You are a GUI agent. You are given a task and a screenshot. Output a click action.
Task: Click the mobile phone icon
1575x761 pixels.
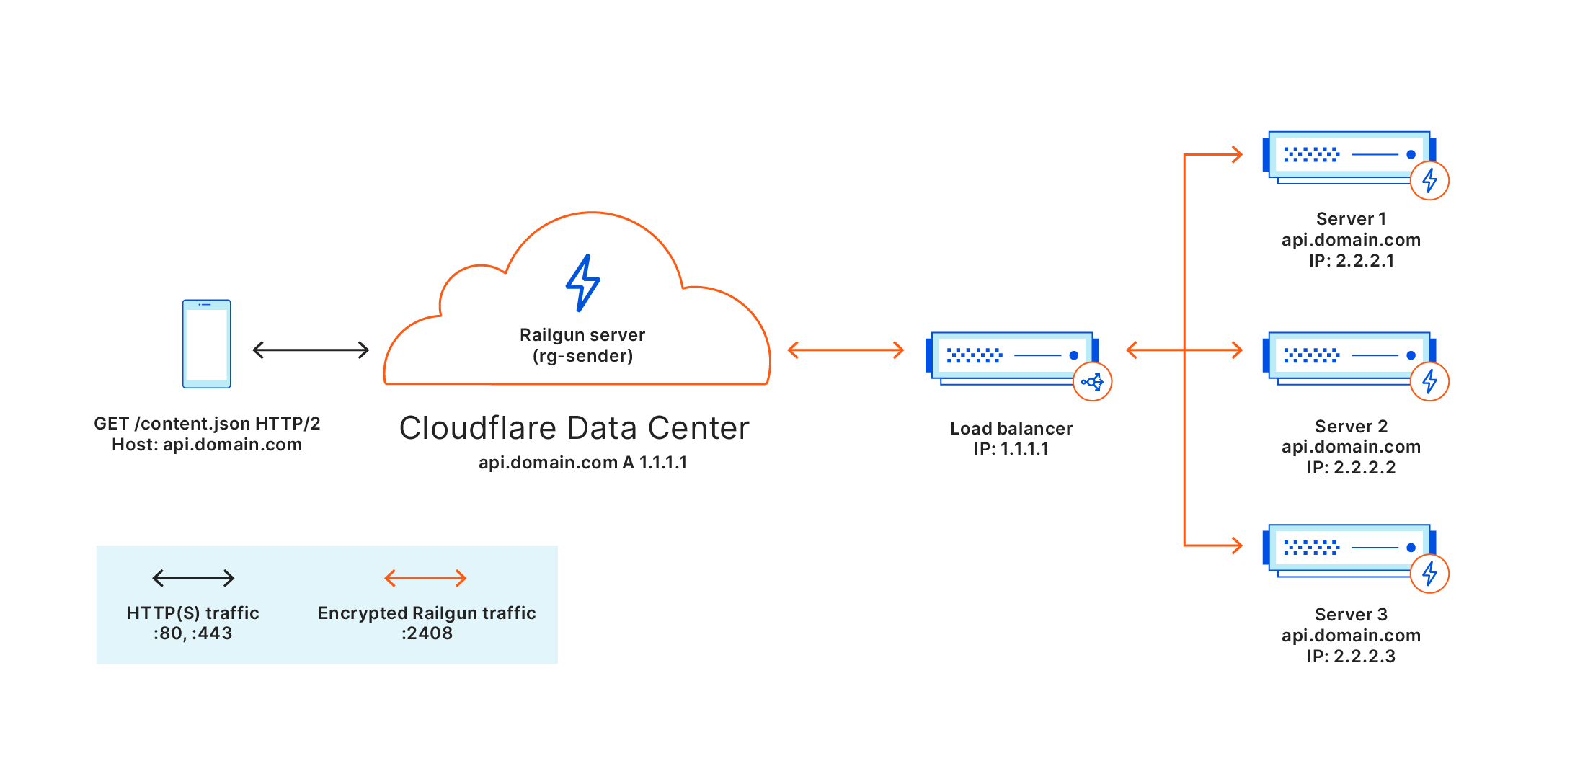click(206, 344)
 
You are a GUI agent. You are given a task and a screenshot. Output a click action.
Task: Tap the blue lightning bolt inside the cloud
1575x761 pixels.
click(583, 282)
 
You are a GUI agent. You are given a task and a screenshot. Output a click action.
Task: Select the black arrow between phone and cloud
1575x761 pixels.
click(311, 350)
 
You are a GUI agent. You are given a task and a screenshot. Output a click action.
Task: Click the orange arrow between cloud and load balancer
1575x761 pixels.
click(846, 350)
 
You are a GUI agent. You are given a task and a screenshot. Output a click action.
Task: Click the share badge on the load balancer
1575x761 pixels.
click(1092, 382)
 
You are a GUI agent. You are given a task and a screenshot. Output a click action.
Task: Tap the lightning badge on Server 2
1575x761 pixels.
click(1429, 381)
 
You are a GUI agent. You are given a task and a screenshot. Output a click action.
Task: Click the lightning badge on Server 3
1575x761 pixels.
click(1429, 574)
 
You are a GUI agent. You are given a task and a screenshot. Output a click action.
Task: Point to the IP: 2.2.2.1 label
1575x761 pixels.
click(1351, 260)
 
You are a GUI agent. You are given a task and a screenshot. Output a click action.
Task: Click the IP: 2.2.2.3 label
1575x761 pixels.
click(1351, 656)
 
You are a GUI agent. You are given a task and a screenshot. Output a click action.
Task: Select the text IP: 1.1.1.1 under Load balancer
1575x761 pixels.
click(1011, 448)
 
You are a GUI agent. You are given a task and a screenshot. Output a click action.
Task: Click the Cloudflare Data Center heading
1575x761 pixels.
click(574, 428)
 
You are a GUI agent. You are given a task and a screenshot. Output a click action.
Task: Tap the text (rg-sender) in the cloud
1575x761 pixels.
click(582, 356)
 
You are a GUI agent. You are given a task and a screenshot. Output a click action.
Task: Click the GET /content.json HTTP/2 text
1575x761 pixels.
click(207, 423)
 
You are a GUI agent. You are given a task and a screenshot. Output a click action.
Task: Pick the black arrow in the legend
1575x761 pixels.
click(193, 578)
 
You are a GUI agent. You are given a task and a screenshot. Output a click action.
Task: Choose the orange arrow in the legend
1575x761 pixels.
click(425, 578)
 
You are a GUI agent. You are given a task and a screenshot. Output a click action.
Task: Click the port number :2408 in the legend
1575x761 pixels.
click(427, 633)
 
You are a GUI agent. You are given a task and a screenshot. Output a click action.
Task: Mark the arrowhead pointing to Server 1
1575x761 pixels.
click(1238, 154)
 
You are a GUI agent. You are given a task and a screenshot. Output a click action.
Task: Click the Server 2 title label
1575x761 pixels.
click(1351, 426)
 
